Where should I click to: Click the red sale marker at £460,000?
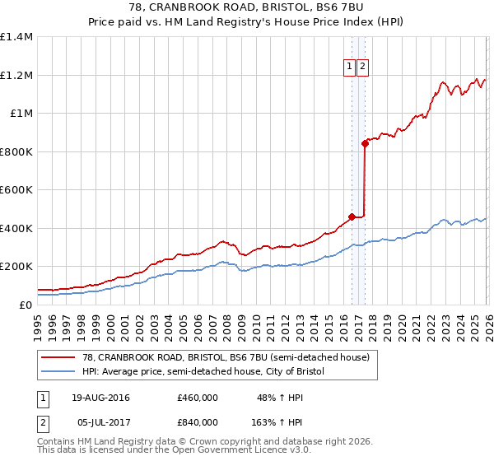click(352, 217)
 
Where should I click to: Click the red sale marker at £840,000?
click(365, 143)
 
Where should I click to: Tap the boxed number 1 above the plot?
click(349, 68)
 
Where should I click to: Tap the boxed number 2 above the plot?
click(362, 68)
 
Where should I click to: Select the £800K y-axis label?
click(16, 151)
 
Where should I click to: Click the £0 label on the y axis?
click(26, 305)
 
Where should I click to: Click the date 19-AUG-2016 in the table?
click(101, 398)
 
